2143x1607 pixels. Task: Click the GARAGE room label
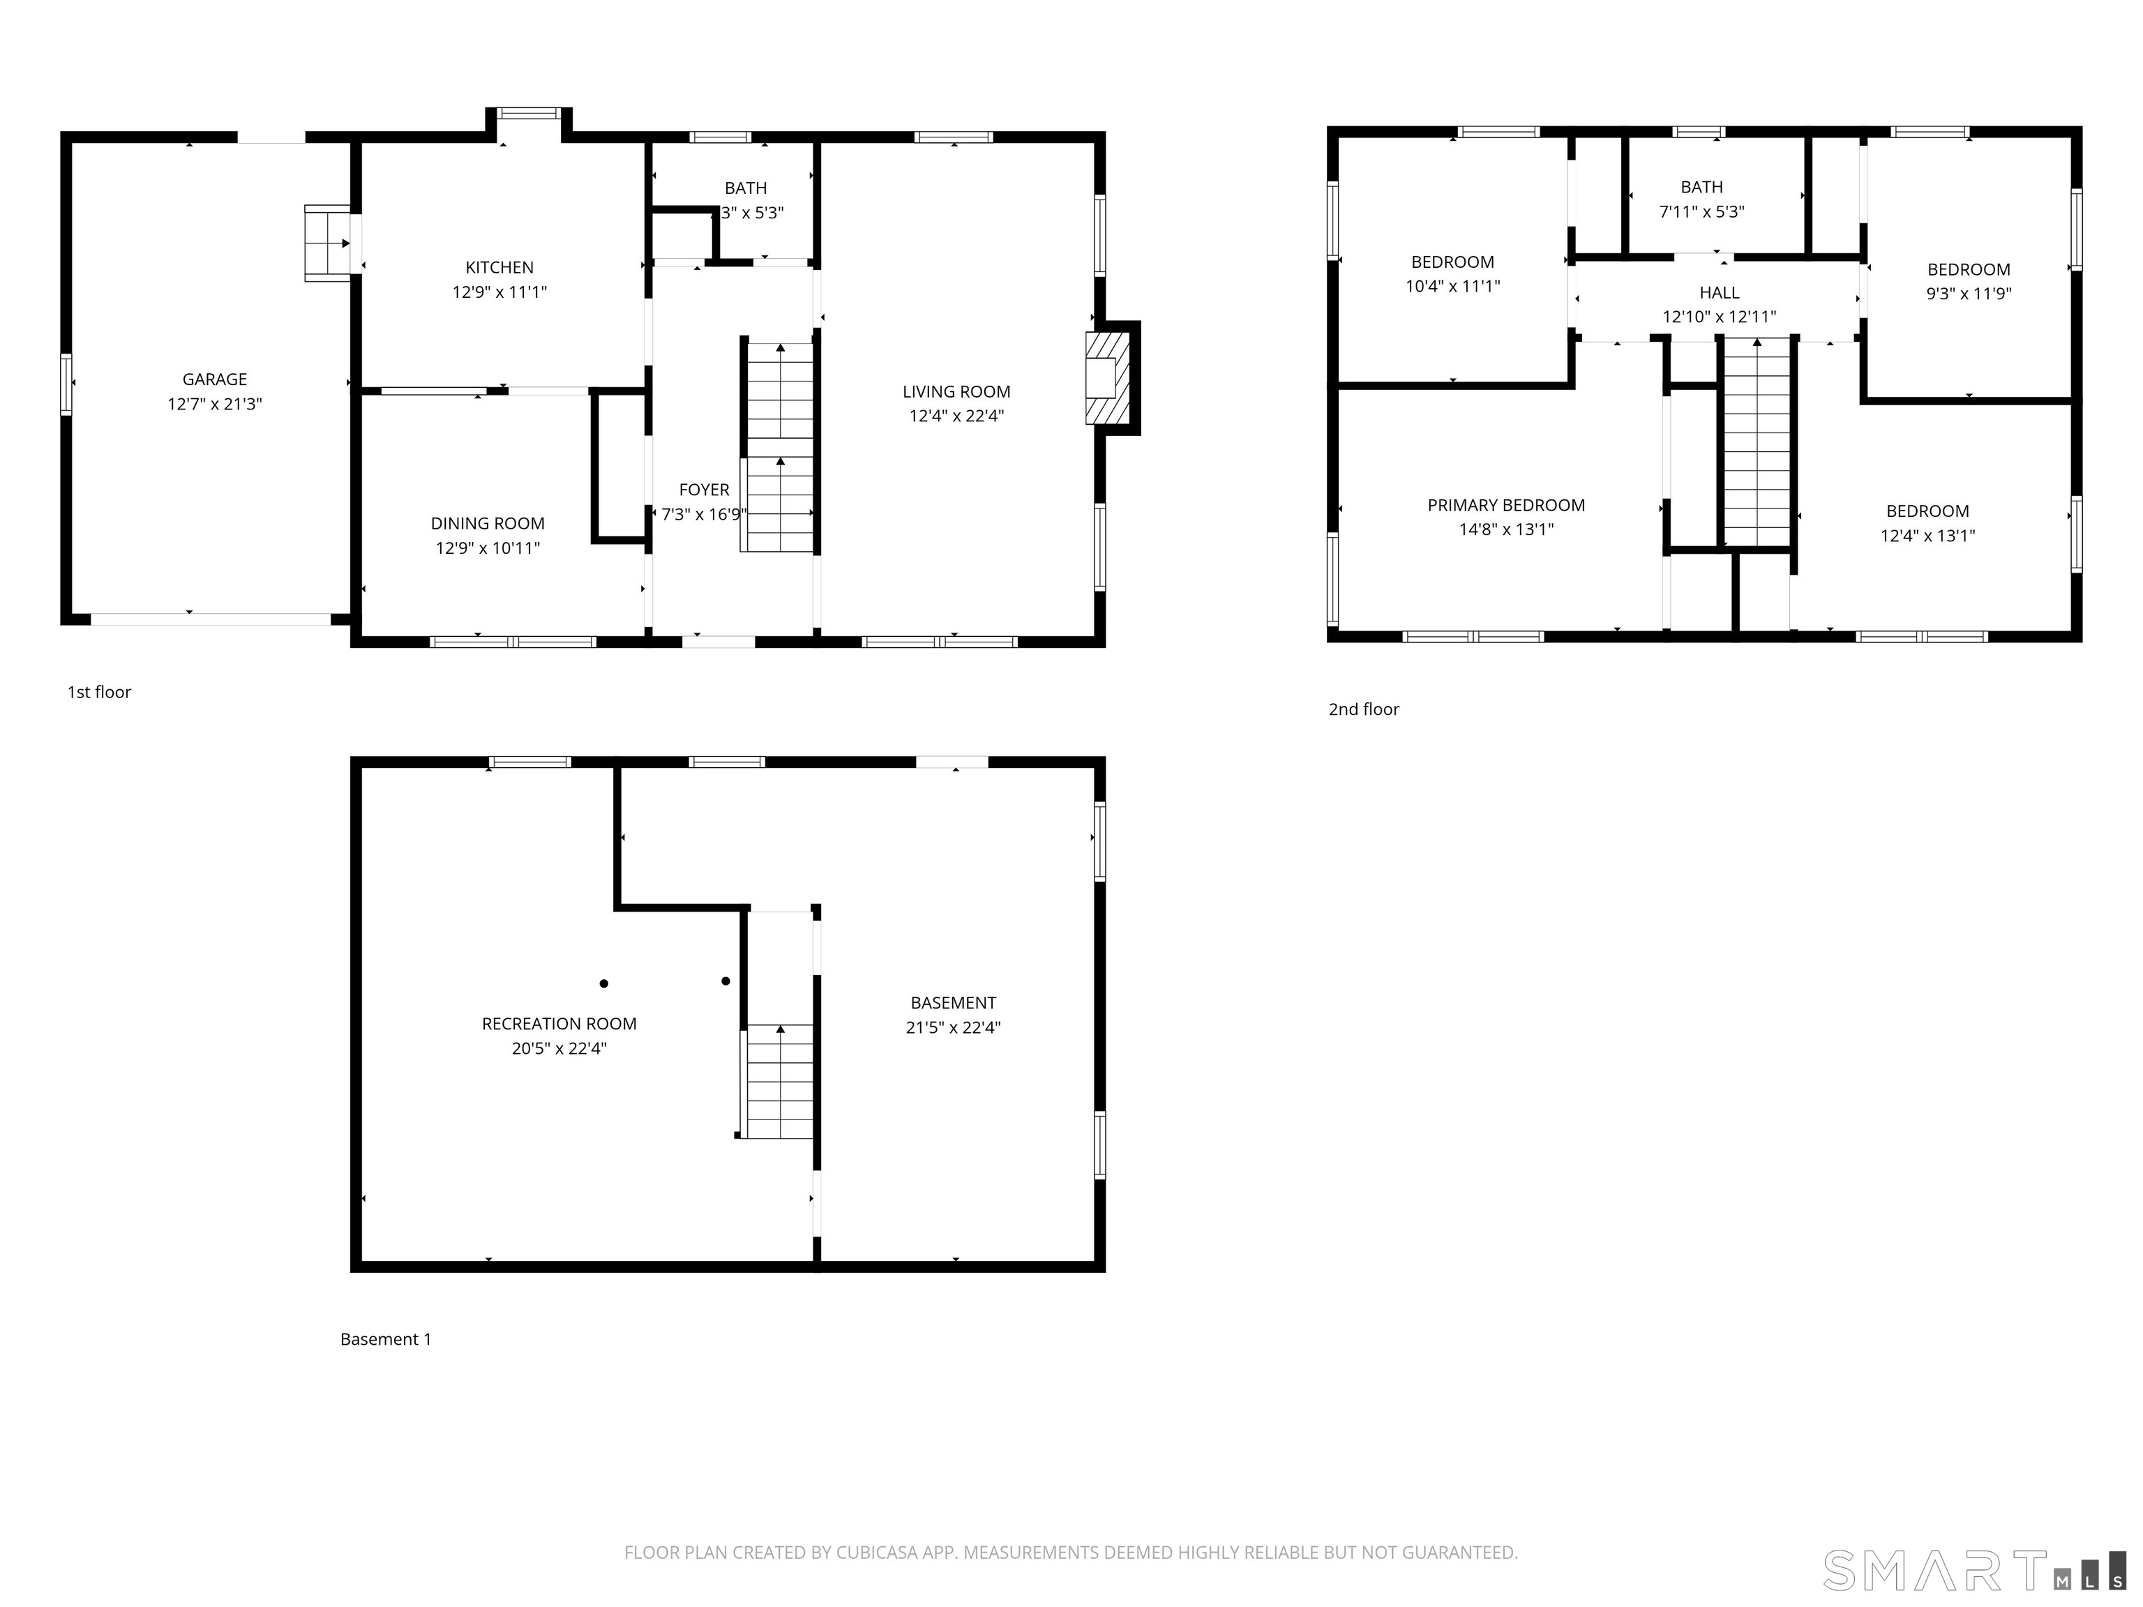point(214,379)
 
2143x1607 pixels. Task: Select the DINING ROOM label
point(488,523)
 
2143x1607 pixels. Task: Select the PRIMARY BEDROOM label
point(1505,505)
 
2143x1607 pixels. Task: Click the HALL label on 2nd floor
point(1719,292)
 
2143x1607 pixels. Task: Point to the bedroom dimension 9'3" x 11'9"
point(1968,294)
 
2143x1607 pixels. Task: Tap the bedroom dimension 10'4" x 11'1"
point(1452,286)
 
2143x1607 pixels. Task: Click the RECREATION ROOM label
point(559,1024)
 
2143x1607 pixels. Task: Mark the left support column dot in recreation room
point(603,983)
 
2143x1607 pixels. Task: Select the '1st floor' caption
point(99,692)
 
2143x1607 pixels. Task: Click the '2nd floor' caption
point(1363,709)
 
